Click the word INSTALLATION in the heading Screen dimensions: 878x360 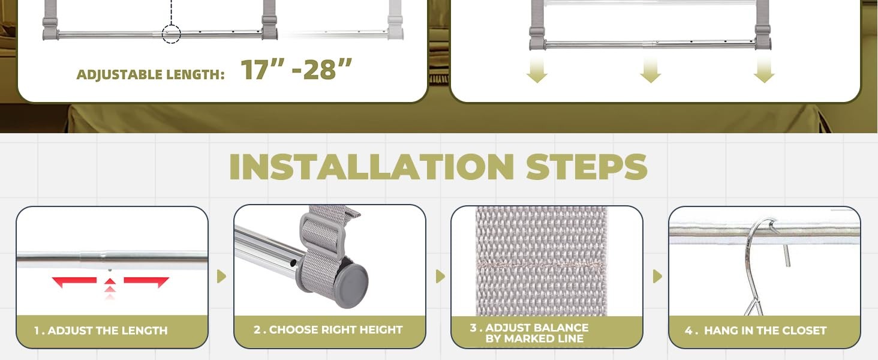click(371, 167)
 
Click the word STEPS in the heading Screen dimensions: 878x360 click(587, 167)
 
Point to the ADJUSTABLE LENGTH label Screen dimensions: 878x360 click(151, 74)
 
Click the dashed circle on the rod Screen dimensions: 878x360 click(172, 34)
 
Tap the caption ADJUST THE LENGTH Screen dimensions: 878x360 click(107, 331)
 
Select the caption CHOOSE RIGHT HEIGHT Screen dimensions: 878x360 click(335, 330)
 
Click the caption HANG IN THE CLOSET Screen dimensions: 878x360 click(765, 331)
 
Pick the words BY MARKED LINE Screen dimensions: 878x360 click(534, 338)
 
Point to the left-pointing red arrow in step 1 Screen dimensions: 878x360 click(74, 281)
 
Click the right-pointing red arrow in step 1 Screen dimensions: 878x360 click(146, 281)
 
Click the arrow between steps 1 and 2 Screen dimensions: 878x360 click(221, 277)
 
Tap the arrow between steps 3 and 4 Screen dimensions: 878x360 click(657, 277)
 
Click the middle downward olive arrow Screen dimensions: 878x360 click(650, 70)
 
